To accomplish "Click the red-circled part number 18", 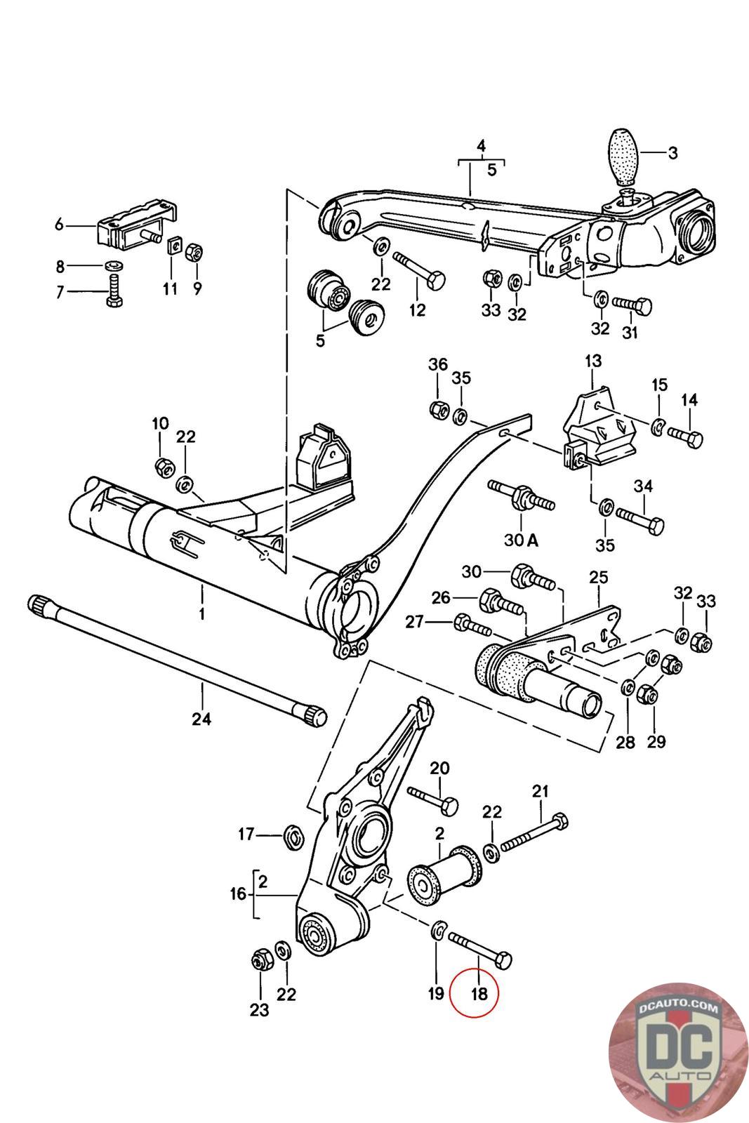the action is tap(479, 993).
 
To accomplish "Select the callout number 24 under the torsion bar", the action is tap(201, 720).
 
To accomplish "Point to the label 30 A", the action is tap(522, 540).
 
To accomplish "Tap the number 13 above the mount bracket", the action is tap(593, 361).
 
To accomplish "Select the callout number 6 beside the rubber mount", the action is tap(60, 225).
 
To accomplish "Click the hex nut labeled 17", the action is tap(292, 836).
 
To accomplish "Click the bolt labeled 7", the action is tap(115, 291).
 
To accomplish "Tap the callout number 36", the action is tap(437, 364).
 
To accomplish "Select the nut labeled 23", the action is tap(260, 960).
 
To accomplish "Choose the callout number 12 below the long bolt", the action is tap(417, 310).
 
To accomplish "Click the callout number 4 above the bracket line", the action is tap(482, 147).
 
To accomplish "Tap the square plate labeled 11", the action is tap(173, 246).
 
